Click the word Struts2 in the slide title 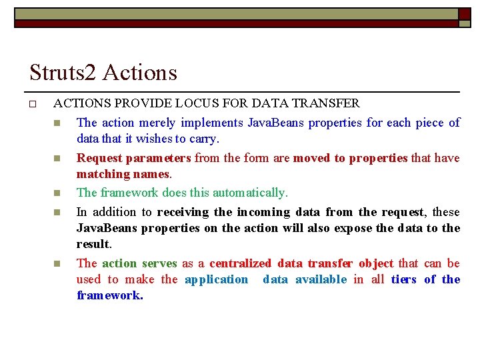pos(63,73)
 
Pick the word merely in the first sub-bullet pos(156,123)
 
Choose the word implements pos(211,123)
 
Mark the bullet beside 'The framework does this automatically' pos(57,193)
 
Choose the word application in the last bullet pos(216,279)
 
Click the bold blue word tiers pos(404,279)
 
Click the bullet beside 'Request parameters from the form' pos(57,159)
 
